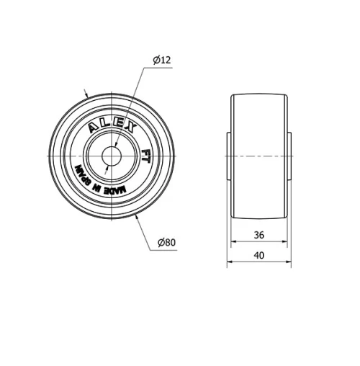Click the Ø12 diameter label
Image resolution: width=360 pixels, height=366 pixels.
(x=162, y=61)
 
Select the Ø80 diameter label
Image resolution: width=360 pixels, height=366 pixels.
(x=166, y=242)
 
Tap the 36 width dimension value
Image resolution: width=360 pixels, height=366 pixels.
(x=259, y=234)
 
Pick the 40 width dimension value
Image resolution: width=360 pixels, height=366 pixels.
(x=259, y=255)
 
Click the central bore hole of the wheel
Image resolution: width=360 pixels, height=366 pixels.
(x=111, y=156)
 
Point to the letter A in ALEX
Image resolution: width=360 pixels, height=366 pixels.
(x=92, y=129)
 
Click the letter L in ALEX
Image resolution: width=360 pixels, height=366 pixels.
(x=104, y=124)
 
